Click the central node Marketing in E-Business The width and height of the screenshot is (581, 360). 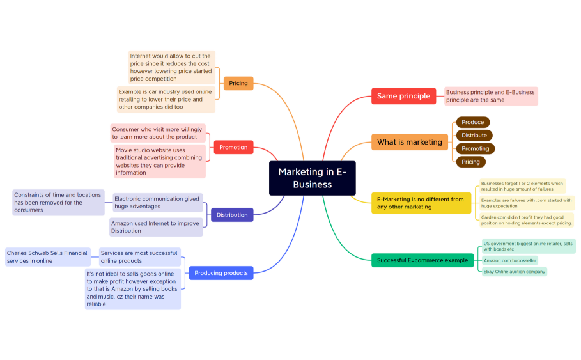click(312, 178)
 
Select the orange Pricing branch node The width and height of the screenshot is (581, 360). click(238, 83)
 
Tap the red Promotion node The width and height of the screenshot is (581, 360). click(233, 147)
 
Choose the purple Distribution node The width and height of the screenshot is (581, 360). click(232, 215)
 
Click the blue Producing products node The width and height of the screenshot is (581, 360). click(221, 273)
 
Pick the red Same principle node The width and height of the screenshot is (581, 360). click(403, 96)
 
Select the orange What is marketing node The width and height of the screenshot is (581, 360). click(409, 142)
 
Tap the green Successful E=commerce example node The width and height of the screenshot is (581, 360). click(422, 260)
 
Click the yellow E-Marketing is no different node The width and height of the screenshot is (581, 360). click(421, 203)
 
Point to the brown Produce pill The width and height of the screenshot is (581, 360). click(473, 122)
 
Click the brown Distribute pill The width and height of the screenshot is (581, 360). click(474, 136)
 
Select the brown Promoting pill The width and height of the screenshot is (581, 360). click(475, 149)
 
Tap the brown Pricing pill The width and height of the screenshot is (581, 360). click(470, 162)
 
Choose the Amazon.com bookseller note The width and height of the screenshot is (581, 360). click(509, 260)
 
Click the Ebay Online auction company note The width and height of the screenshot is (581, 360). click(515, 272)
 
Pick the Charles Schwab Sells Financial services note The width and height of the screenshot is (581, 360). click(47, 257)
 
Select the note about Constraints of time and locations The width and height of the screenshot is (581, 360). click(58, 202)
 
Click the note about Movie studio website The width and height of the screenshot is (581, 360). click(160, 161)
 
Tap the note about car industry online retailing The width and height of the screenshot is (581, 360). click(166, 99)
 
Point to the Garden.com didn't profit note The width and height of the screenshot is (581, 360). click(526, 220)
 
